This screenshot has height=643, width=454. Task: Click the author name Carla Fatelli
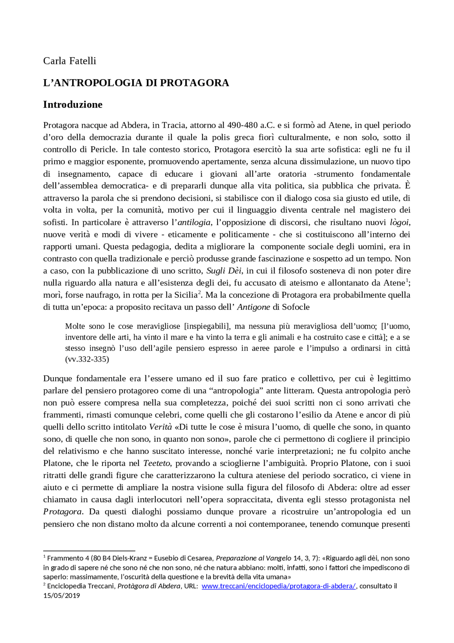coord(70,61)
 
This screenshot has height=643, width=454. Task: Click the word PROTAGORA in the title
coord(194,83)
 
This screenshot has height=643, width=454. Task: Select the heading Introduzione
coord(73,104)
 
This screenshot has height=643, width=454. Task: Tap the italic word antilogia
coord(194,223)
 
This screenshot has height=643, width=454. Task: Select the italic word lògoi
coord(399,223)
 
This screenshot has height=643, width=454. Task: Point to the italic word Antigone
coord(253,307)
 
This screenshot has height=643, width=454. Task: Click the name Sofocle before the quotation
coord(296,307)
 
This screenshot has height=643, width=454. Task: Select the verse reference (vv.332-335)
coord(87,359)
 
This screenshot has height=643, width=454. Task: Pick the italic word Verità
coord(160,427)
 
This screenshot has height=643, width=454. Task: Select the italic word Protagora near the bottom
coord(62,512)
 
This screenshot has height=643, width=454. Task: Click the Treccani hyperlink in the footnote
coord(278,586)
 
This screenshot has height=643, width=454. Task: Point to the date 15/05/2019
coord(62,595)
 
